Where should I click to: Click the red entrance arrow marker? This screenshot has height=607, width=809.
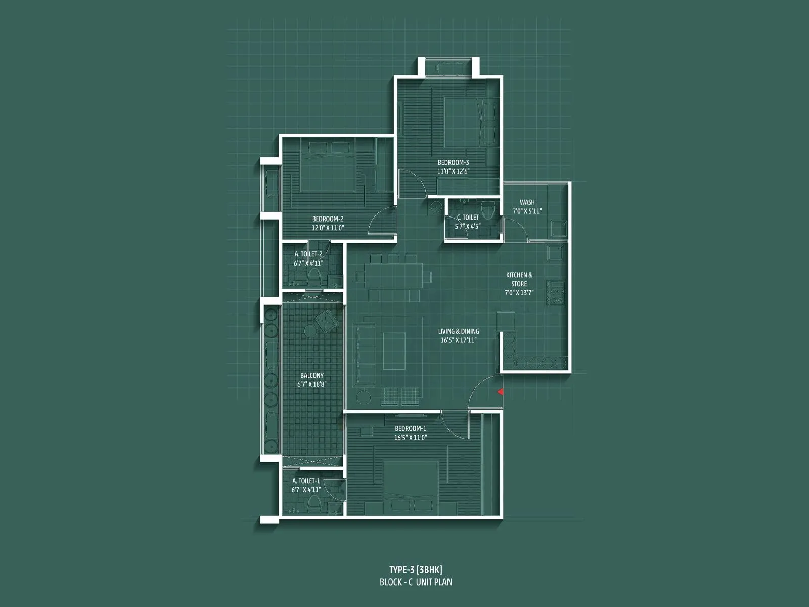coord(500,392)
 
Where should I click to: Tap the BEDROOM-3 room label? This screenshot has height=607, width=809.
coord(453,162)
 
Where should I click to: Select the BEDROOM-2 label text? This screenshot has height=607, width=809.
coord(328,219)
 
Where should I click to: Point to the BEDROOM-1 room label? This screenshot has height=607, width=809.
coord(411,428)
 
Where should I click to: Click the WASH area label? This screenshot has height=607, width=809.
coord(527,202)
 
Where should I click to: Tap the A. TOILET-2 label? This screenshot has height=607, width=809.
coord(308,254)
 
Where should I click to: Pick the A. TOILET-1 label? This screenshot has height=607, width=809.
coord(306,481)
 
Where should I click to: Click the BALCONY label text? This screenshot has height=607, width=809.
coord(311,375)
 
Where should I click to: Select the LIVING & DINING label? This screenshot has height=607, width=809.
coord(458,331)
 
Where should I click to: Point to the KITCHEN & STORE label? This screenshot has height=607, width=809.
coord(519,279)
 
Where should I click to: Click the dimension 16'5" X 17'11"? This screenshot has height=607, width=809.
coord(458,340)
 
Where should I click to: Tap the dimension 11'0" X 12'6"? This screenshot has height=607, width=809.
coord(453,171)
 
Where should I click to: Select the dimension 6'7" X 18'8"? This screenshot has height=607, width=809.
coord(311,384)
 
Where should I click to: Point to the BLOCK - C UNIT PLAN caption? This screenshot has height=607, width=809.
coord(416,582)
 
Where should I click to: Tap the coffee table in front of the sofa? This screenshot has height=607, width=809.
coord(393,351)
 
